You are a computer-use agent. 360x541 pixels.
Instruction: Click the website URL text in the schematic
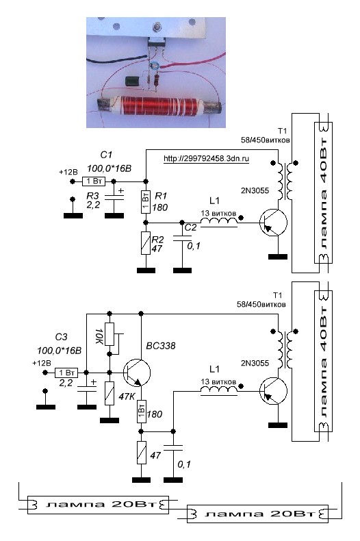pos(206,159)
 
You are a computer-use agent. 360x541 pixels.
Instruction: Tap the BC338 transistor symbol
pos(137,373)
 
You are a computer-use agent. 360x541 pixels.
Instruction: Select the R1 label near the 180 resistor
pos(161,197)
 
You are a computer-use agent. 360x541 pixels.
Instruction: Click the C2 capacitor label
pos(190,227)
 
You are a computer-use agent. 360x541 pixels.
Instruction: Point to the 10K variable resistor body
pos(110,334)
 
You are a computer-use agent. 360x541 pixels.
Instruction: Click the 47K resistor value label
pos(127,397)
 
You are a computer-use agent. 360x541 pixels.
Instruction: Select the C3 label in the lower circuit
pos(62,337)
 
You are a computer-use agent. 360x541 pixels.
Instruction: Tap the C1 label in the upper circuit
pos(106,155)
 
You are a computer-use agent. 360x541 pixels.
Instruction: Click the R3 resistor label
pos(92,196)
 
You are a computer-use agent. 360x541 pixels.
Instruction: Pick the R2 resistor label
pos(157,240)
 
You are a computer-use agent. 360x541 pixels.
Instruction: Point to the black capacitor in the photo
pos(132,81)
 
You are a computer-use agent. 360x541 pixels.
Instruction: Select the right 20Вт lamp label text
pos(261,514)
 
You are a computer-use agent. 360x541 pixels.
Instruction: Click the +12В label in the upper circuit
pos(68,172)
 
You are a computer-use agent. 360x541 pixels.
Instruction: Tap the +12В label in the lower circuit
pos(41,364)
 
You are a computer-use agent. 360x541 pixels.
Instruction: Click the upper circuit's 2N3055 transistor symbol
pos(273,223)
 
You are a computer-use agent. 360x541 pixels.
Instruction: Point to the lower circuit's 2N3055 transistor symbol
pos(273,391)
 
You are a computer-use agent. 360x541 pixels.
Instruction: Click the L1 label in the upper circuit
pos(214,201)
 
